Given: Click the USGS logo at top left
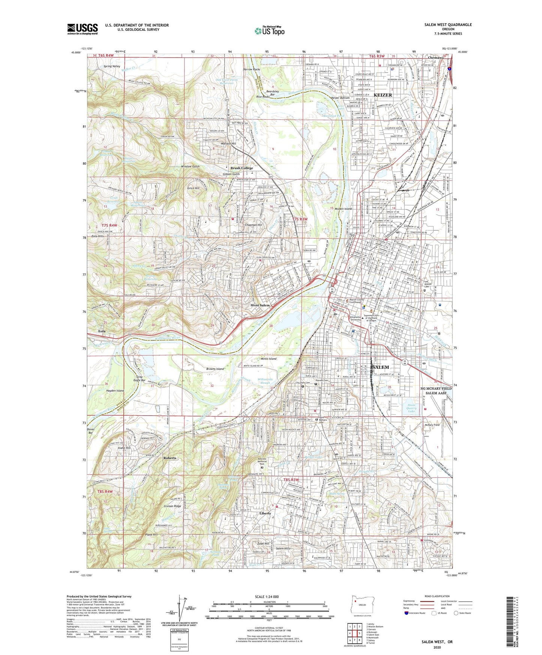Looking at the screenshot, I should (x=83, y=29).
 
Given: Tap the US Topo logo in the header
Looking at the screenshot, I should (x=269, y=31).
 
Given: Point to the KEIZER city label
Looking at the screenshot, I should (x=383, y=95).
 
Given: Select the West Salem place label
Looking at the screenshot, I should (x=260, y=305).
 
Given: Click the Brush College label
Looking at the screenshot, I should (x=241, y=168).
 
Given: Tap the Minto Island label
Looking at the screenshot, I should (x=267, y=359).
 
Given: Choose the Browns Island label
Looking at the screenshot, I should (x=215, y=369).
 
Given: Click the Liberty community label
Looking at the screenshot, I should (x=265, y=513).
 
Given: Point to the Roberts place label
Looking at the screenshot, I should (x=170, y=458).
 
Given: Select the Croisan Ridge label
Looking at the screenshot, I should (x=173, y=506).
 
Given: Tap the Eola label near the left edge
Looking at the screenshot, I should (x=102, y=331).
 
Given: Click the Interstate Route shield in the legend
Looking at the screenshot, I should (x=407, y=613).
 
